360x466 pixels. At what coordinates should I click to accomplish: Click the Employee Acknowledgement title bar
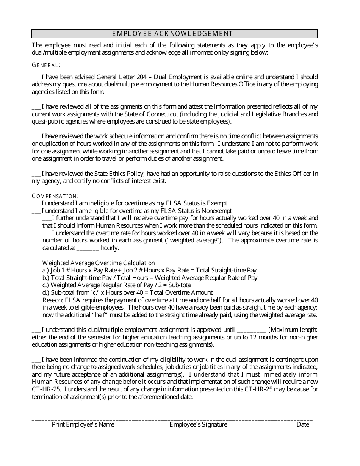[174, 34]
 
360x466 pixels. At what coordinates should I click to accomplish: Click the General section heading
[46, 65]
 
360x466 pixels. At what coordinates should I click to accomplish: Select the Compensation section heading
[55, 196]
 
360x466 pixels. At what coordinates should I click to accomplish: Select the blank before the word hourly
[88, 248]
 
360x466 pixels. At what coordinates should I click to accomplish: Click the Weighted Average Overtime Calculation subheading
[99, 263]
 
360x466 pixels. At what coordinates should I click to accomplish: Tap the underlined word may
[279, 389]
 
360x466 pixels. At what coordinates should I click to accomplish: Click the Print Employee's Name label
[83, 425]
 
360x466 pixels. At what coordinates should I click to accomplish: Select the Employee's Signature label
[198, 425]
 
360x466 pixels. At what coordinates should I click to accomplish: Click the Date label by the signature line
[303, 425]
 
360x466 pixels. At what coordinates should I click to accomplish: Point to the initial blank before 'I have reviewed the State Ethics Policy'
[36, 174]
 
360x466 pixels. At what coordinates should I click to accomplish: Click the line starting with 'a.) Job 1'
[149, 271]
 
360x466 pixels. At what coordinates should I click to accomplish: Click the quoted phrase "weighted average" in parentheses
[196, 241]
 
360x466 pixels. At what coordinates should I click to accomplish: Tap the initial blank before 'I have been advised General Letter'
[36, 77]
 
